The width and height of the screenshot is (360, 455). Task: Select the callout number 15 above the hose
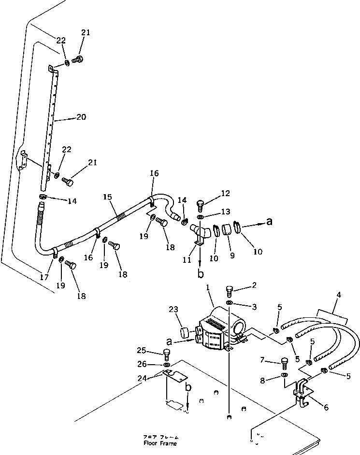107,197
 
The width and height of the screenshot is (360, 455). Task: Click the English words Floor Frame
160,443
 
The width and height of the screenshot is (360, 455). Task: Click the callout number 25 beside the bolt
154,350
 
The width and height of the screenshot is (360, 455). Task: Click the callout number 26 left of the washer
154,364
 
